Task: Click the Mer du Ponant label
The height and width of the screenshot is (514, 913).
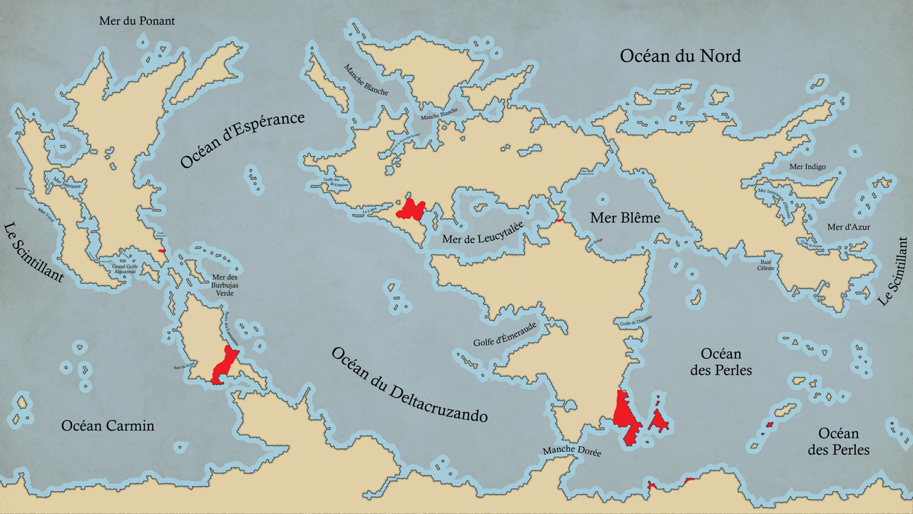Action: coord(136,21)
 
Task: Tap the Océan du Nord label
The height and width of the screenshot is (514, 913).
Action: coord(680,56)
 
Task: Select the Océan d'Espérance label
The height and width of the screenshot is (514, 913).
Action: coord(243,140)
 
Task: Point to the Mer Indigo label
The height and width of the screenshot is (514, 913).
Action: coord(807,167)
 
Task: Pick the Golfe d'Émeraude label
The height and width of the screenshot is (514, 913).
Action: coord(504,334)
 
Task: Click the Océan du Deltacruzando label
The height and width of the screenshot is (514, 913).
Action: coord(409,384)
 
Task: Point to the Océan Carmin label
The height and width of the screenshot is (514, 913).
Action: coord(108,426)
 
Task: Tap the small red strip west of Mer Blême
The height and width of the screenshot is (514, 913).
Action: coord(558,220)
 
